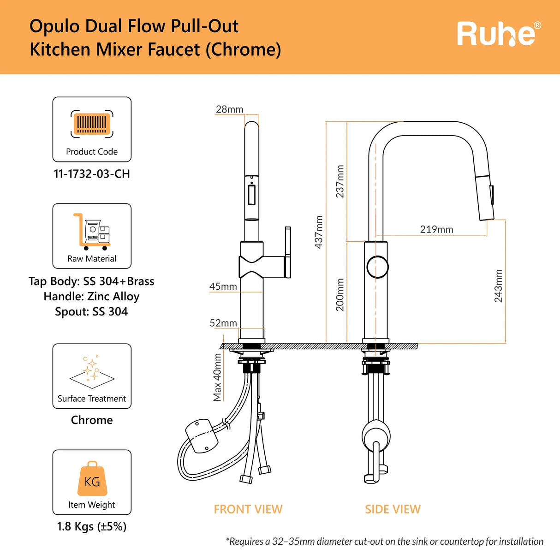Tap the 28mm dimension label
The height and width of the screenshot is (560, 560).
coord(229,109)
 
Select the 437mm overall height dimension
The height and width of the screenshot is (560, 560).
coord(319,232)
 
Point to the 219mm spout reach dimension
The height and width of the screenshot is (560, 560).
coord(436,229)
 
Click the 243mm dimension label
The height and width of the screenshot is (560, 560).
coord(498,286)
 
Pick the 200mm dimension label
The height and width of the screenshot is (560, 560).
coord(340,295)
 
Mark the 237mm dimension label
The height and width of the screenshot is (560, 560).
coord(340,181)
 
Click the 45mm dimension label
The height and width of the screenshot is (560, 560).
coord(223,286)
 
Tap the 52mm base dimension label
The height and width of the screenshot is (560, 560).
coord(223,323)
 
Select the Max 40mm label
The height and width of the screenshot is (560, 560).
coord(217,377)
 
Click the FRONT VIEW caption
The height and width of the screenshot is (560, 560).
coord(248,509)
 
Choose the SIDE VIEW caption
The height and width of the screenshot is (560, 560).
coord(393,509)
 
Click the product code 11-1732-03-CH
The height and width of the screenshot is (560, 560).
coord(92,174)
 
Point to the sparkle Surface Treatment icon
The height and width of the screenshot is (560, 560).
coord(92,372)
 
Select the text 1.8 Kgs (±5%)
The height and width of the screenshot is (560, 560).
coord(92,526)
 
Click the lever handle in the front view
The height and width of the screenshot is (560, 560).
coord(287,252)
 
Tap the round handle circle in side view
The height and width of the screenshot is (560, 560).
coord(377,267)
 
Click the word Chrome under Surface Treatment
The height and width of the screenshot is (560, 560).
coord(92,420)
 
